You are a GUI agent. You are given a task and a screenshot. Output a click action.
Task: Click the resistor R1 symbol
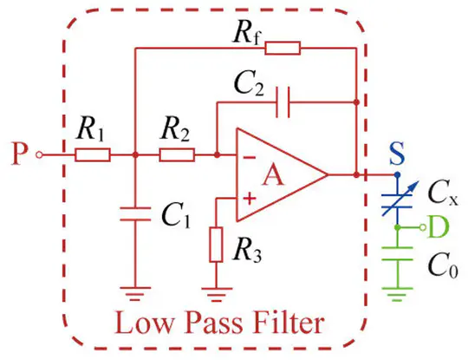[92, 155]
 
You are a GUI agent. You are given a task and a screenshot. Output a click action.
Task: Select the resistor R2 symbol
[177, 155]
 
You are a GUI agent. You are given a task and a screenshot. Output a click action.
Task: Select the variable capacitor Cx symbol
[398, 198]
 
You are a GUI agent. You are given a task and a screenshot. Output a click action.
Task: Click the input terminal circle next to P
[37, 155]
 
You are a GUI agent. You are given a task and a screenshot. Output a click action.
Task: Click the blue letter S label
[397, 156]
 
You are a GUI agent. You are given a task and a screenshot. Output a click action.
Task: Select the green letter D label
[440, 227]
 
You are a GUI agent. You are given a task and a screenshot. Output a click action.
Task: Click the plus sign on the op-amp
[250, 198]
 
